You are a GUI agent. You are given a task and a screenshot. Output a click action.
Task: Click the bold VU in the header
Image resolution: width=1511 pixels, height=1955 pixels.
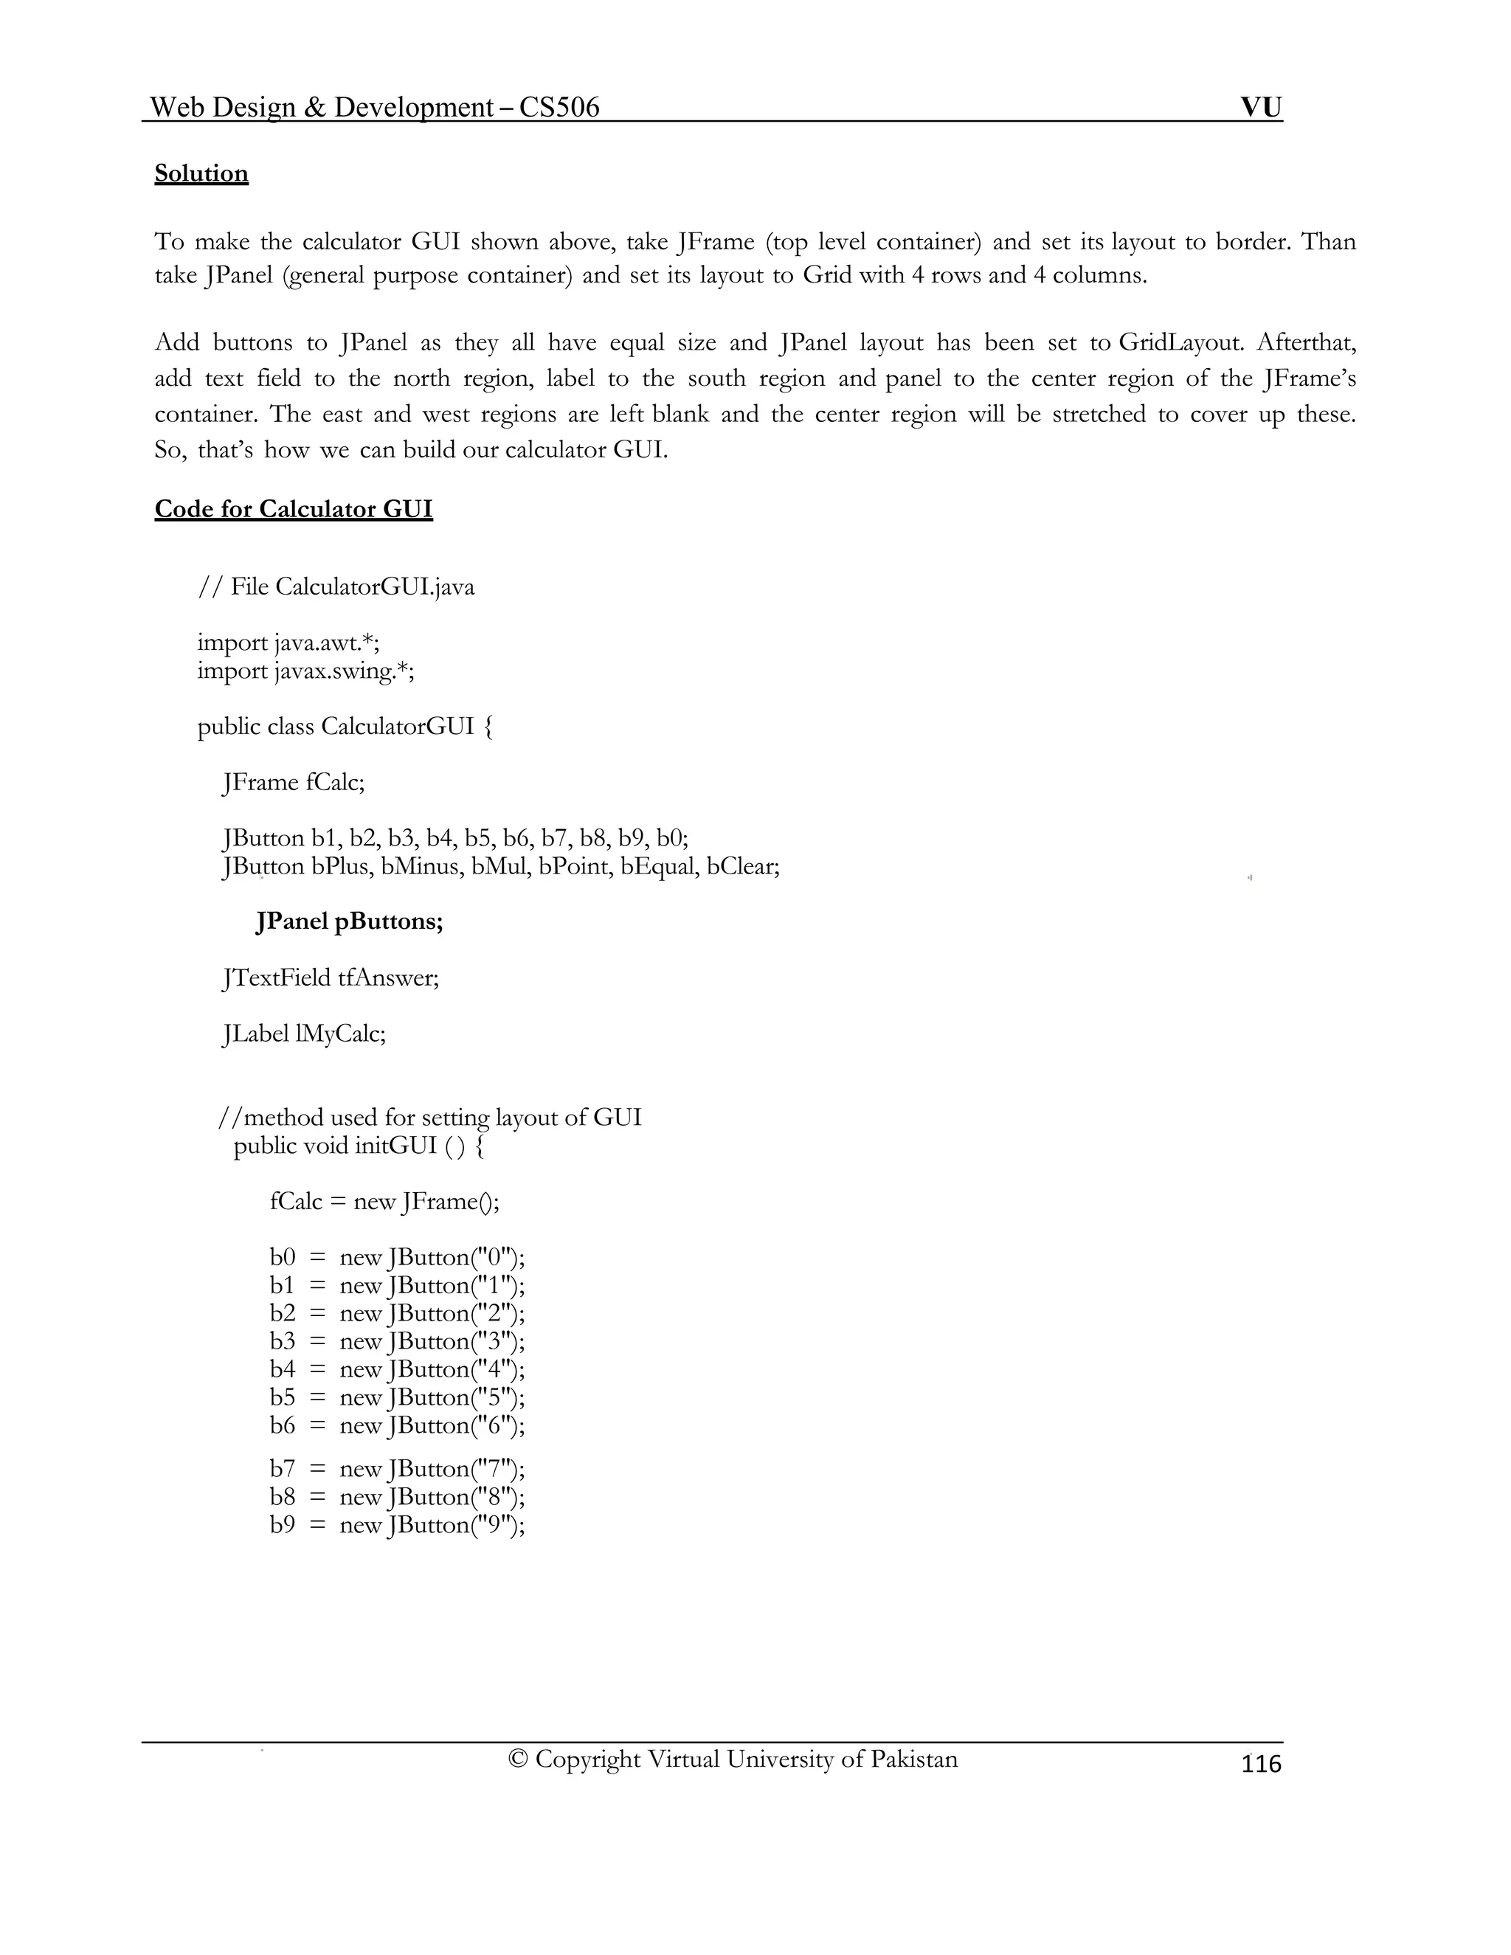[x=1260, y=108]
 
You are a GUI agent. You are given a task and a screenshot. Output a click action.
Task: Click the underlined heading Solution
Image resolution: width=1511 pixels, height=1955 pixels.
[x=201, y=173]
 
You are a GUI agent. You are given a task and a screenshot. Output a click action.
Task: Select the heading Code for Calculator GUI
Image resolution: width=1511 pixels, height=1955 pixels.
[x=294, y=509]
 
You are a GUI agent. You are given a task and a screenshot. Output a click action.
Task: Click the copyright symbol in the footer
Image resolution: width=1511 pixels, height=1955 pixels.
[x=517, y=1759]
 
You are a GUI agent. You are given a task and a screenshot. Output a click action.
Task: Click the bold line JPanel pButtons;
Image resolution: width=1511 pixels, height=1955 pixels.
[x=349, y=922]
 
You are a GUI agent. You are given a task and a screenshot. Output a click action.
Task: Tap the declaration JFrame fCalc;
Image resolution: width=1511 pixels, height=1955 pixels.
[x=294, y=782]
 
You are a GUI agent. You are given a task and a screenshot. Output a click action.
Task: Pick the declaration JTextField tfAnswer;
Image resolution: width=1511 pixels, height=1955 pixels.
[x=331, y=977]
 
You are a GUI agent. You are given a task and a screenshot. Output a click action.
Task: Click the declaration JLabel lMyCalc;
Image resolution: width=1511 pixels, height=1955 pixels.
[x=303, y=1034]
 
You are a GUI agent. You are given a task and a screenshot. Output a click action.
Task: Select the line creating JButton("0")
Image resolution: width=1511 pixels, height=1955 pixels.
[x=396, y=1258]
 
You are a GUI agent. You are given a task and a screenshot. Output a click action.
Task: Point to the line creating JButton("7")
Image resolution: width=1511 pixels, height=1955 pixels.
[x=396, y=1469]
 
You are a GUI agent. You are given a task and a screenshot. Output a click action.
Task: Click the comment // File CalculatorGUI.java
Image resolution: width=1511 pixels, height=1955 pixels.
[x=336, y=587]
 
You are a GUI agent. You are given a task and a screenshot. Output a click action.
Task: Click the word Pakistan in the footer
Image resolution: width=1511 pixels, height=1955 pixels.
[x=913, y=1759]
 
